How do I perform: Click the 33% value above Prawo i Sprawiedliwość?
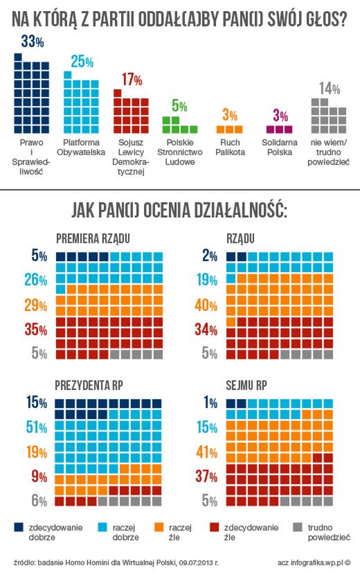(x=33, y=42)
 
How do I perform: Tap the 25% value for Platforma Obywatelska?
(x=82, y=62)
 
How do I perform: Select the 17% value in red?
(x=132, y=80)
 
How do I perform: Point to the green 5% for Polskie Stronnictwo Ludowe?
(x=179, y=106)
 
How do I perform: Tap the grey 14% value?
(x=330, y=89)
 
